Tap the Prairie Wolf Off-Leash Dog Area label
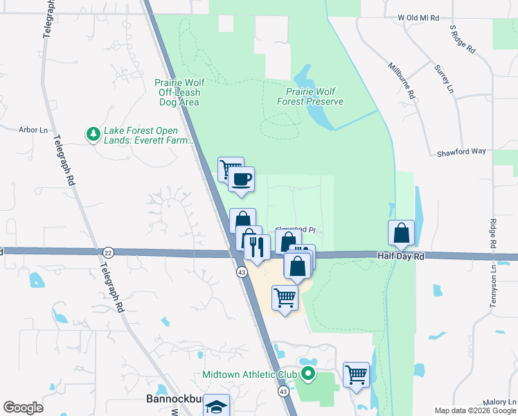click(177, 92)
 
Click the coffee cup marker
click(242, 180)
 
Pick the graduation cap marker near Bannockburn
click(217, 407)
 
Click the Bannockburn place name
click(174, 399)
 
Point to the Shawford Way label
click(462, 152)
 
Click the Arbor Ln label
click(34, 130)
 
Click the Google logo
click(23, 407)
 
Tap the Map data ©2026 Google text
click(475, 410)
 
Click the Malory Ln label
click(499, 402)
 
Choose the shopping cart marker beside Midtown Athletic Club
click(356, 375)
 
